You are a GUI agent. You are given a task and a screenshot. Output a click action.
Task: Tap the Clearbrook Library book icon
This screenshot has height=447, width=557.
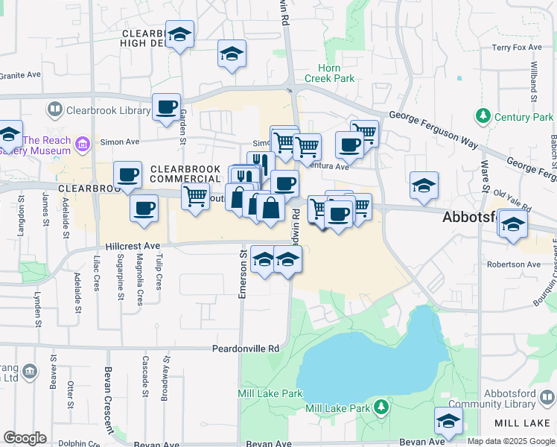(x=54, y=110)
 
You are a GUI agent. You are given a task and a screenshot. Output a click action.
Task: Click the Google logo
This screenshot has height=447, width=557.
(x=25, y=438)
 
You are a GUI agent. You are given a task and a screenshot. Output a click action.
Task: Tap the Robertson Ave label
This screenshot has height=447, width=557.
(x=513, y=264)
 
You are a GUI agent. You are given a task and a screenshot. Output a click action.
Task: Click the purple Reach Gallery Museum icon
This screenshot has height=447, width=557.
(x=82, y=142)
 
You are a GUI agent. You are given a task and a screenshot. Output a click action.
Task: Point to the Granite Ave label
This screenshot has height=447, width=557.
(x=20, y=74)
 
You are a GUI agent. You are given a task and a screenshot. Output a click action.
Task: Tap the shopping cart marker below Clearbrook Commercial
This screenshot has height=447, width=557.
(x=195, y=197)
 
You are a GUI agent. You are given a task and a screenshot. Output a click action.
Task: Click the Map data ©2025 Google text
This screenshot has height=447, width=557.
(x=511, y=441)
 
